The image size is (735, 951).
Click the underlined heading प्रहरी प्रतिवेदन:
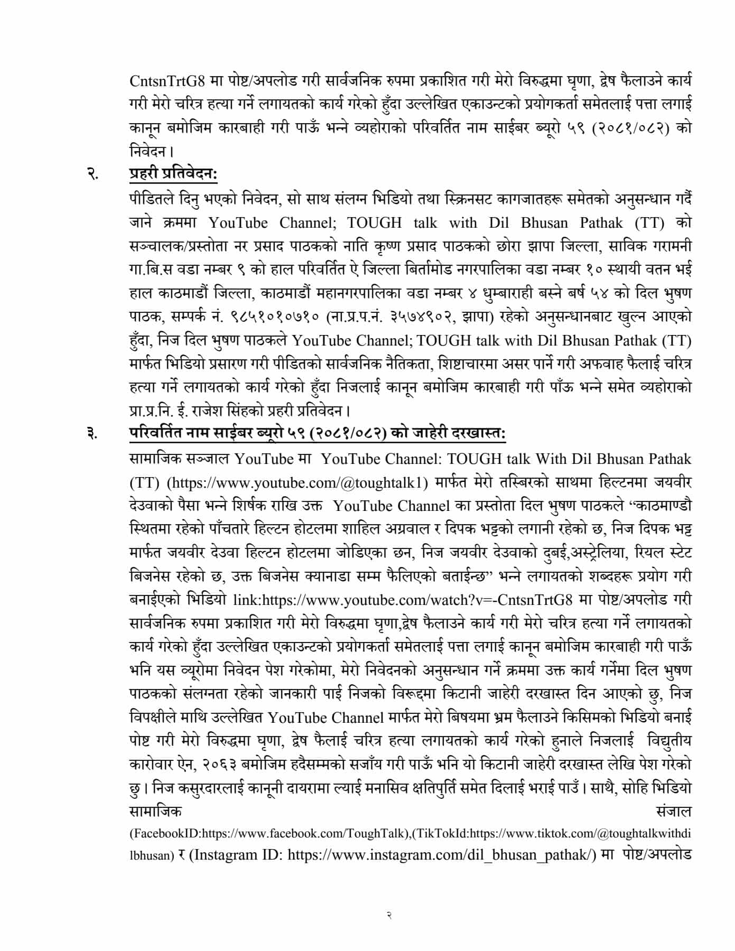[173, 174]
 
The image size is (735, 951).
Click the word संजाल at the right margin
[673, 810]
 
